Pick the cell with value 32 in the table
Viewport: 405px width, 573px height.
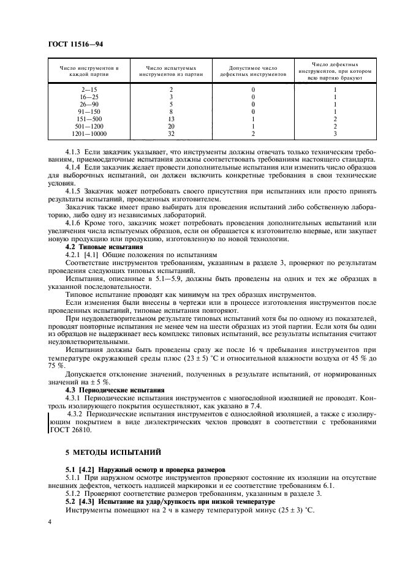[171, 133]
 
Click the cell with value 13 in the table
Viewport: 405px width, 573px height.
[171, 118]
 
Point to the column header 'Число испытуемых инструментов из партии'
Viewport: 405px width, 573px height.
[171, 70]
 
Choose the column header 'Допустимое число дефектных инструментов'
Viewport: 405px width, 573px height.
[253, 70]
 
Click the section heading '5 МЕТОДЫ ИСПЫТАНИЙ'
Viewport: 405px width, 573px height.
[113, 452]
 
